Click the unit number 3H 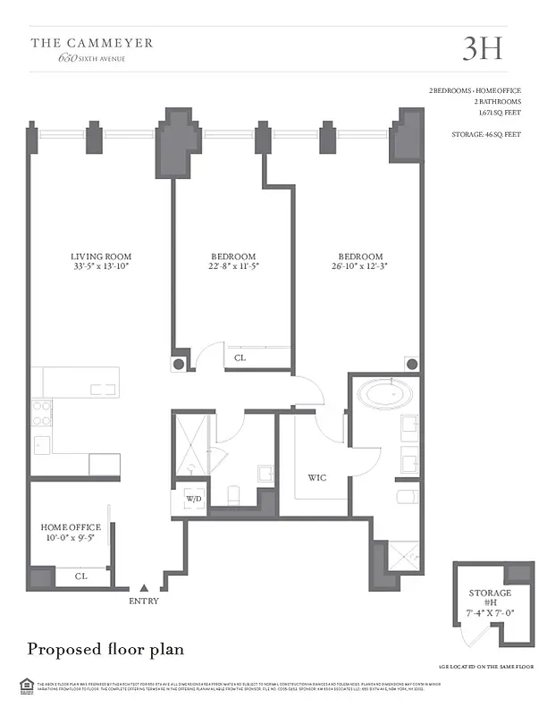point(482,48)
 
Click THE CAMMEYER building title point(92,42)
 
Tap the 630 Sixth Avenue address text point(91,58)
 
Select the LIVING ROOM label point(102,257)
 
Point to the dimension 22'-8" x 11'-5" point(232,266)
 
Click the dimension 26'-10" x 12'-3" point(360,266)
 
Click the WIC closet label point(316,478)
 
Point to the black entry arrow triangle point(144,588)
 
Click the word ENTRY point(144,601)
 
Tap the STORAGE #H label point(490,598)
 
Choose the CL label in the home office point(80,576)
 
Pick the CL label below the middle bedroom point(240,358)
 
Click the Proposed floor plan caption point(105,648)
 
